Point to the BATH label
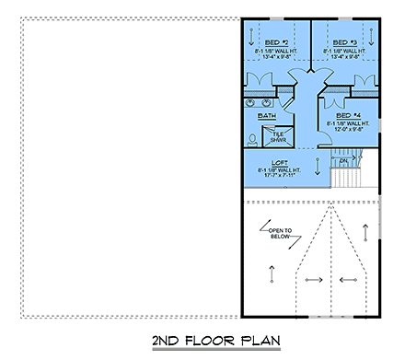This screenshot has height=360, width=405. [x=266, y=116]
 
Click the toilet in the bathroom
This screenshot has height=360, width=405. [x=252, y=132]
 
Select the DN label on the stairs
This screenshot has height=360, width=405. [x=342, y=161]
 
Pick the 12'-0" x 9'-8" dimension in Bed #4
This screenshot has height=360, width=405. [x=347, y=129]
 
